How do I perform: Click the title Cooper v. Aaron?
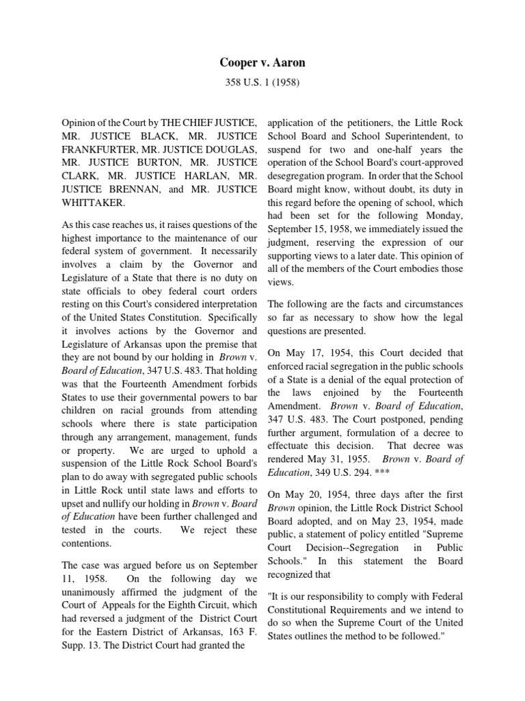coord(262,62)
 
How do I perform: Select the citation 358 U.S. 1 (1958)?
coord(262,84)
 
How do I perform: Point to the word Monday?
coord(442,216)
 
